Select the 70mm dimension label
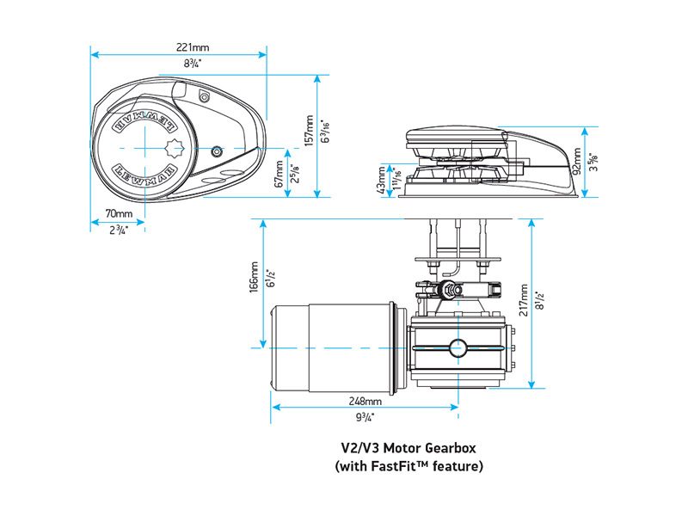[119, 213]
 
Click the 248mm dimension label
[365, 402]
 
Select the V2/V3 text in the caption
[361, 448]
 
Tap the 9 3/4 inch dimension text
[365, 417]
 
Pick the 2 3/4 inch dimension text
[119, 230]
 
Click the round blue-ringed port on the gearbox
[456, 348]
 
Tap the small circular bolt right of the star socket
[216, 150]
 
